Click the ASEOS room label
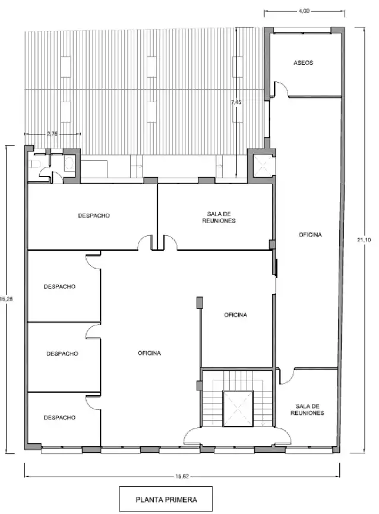point(303,62)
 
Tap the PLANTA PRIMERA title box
point(166,500)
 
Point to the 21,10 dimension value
point(364,239)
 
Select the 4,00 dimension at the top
point(304,11)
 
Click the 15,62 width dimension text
point(182,477)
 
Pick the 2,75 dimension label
point(52,134)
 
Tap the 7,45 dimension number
point(236,102)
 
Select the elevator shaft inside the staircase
point(238,409)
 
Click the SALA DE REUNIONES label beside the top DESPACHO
point(219,217)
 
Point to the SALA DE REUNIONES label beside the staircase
point(307,410)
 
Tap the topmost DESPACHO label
point(94,216)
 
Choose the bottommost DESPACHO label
point(59,417)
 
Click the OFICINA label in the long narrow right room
point(310,235)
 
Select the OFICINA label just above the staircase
point(235,315)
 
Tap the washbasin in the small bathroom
point(69,163)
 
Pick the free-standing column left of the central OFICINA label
point(200,302)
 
